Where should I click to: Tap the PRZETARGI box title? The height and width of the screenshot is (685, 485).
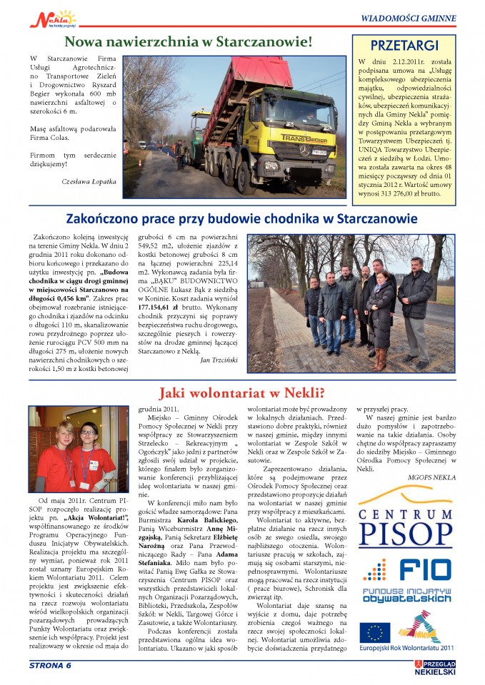point(404,46)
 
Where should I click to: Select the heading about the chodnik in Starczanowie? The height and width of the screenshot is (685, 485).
point(242,218)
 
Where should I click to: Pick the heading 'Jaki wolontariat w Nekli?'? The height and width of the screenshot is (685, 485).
point(241,392)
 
